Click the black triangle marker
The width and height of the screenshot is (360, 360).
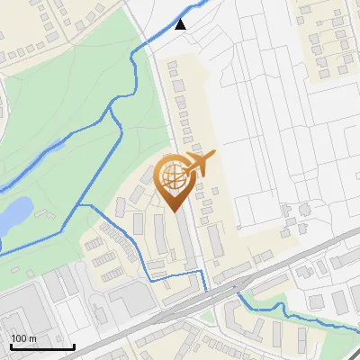point(181,24)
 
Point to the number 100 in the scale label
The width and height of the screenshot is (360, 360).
point(19,338)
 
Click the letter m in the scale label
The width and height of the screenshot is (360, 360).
point(32,338)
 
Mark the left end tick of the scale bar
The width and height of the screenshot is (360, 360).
point(10,346)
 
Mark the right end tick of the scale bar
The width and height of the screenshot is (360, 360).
point(74,346)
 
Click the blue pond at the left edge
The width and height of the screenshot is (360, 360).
point(13,214)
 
